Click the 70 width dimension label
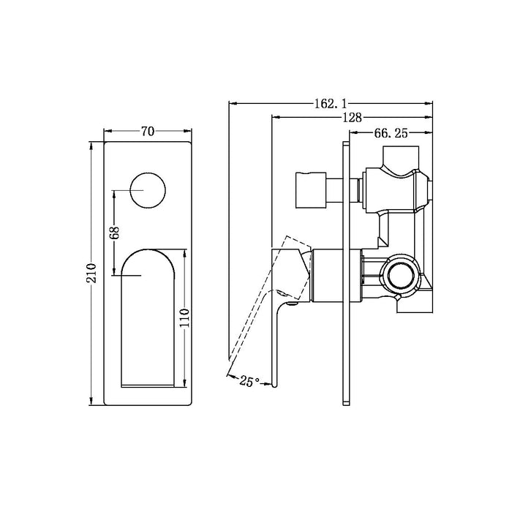[148, 132]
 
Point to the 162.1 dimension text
[330, 104]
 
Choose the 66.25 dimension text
[390, 133]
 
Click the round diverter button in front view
[148, 192]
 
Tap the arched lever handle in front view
[148, 315]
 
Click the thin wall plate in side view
[344, 274]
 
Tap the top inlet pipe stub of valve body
[401, 157]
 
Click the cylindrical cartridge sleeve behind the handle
[336, 275]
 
